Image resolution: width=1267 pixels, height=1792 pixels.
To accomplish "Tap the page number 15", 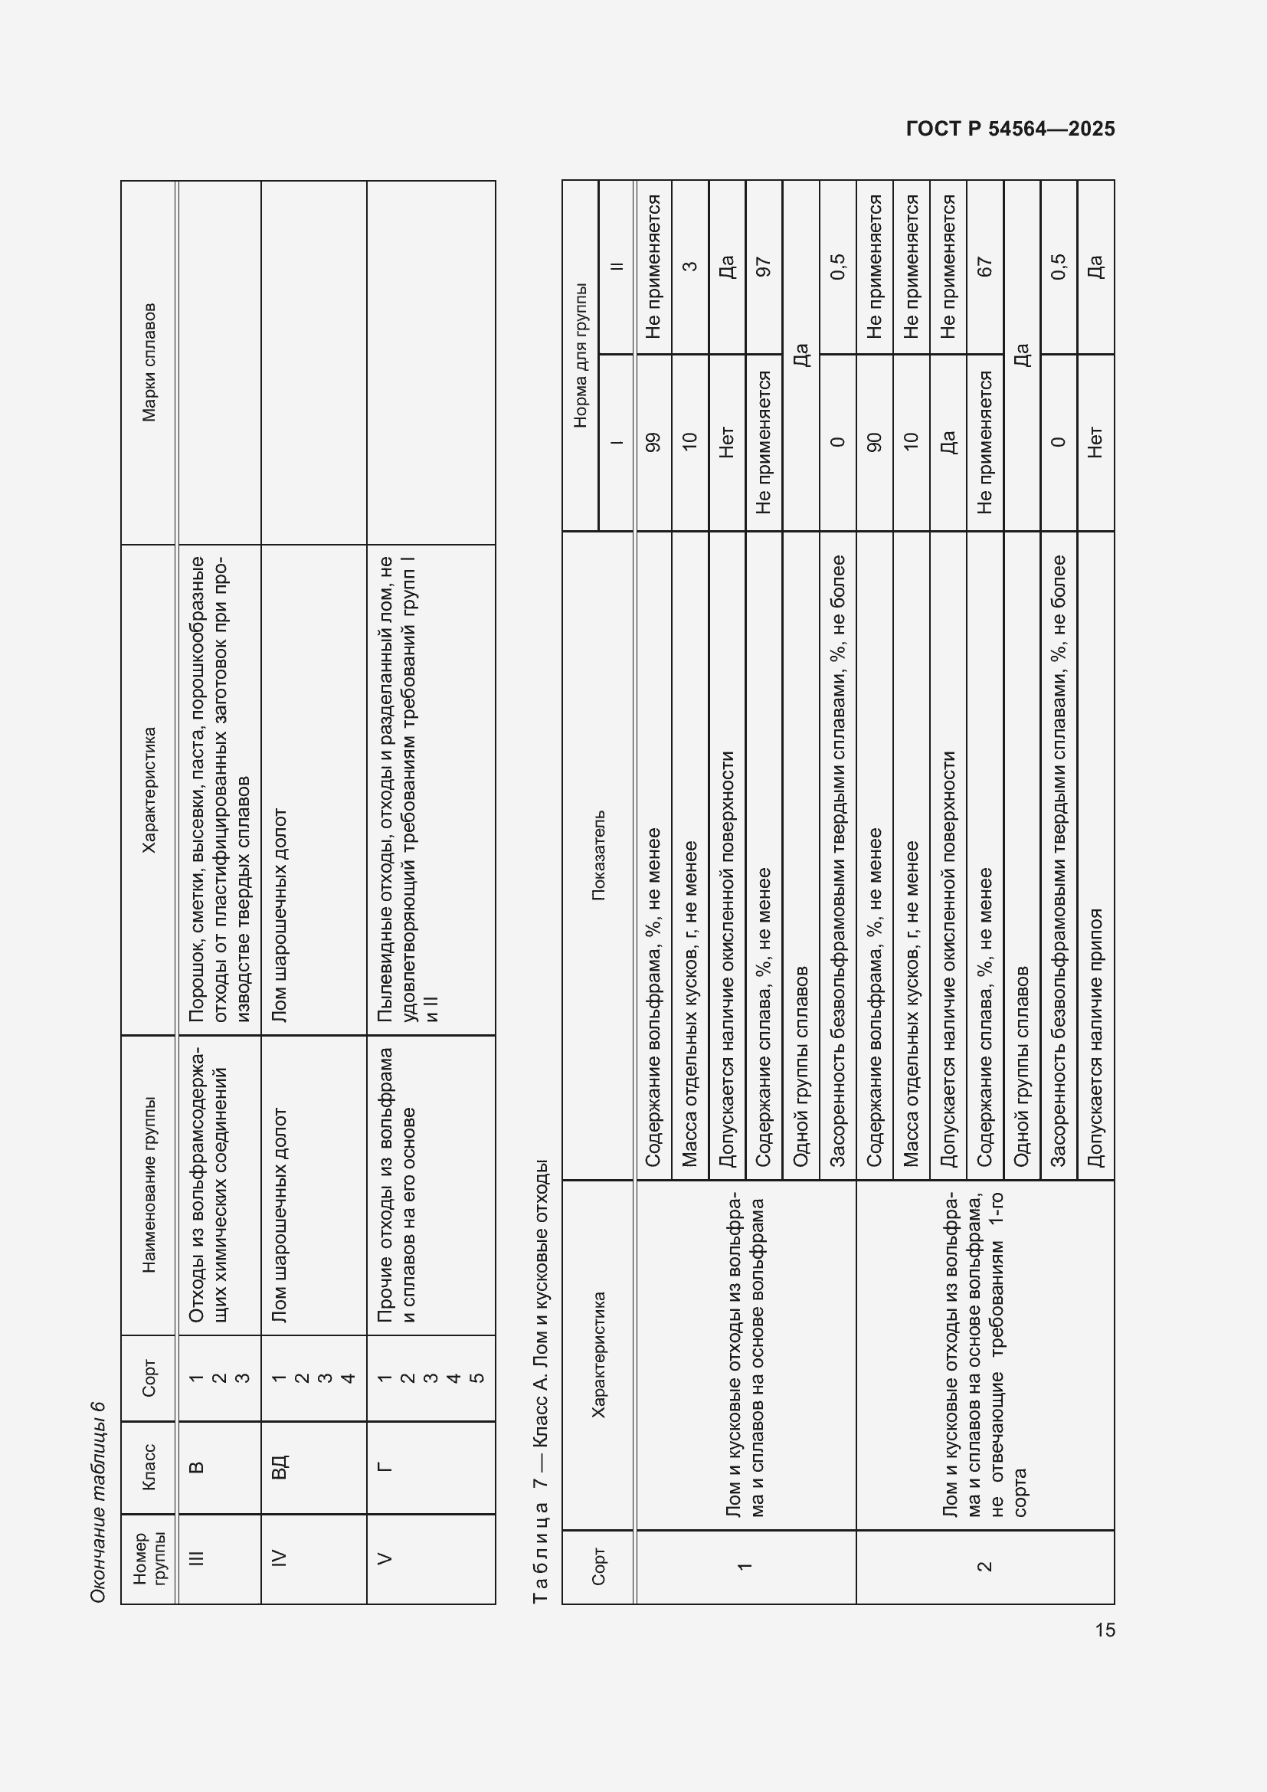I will tap(1105, 1630).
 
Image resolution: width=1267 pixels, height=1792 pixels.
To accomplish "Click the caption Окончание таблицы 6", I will tap(97, 1502).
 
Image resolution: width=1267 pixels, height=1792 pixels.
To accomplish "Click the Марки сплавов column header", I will tap(149, 362).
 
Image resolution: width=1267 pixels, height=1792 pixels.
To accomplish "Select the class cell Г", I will tap(384, 1466).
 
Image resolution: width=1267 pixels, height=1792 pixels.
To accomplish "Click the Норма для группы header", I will tap(580, 355).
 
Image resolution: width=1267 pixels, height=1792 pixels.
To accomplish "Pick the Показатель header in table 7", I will tap(597, 856).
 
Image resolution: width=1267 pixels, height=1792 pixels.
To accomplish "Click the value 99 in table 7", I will tap(653, 442).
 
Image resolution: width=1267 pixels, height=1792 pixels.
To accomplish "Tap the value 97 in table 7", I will tap(764, 267).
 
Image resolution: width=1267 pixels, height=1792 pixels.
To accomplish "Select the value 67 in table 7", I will tap(984, 267).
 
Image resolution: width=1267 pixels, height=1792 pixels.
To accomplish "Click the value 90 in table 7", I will tap(874, 442).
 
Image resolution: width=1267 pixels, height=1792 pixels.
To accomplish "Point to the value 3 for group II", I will tap(689, 267).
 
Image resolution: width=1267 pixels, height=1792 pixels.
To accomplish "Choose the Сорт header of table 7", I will tap(597, 1567).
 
